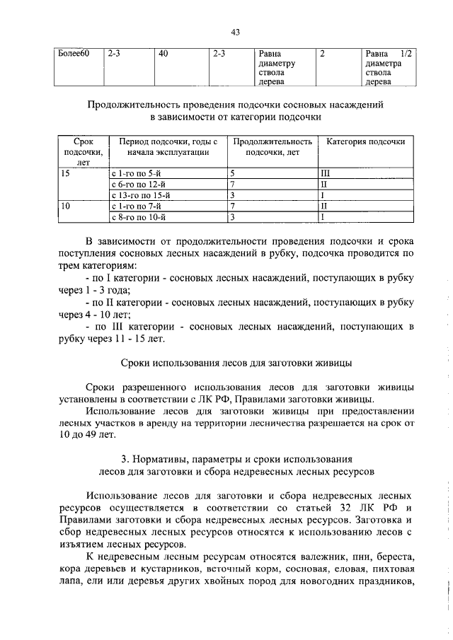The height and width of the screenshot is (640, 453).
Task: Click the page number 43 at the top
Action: coord(236,31)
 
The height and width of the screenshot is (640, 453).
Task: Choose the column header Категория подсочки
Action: coord(365,142)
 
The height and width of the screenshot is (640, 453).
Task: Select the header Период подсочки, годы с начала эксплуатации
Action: coord(168,147)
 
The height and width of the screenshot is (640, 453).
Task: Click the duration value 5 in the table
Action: coord(232,173)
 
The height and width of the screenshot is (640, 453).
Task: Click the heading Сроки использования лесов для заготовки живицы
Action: coord(235,363)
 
